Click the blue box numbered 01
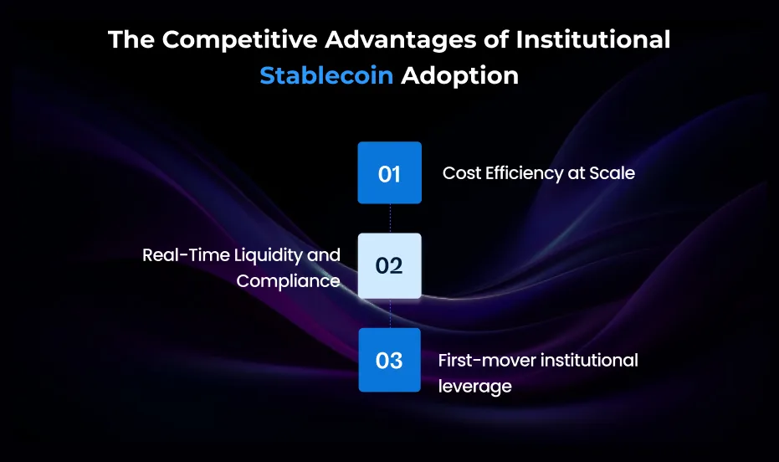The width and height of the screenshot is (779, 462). coord(389,173)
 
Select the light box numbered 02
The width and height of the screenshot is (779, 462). coord(389,266)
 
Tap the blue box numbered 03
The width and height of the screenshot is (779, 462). coord(389,360)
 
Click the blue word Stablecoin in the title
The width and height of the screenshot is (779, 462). coord(326,75)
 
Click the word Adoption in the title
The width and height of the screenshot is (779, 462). coord(459,75)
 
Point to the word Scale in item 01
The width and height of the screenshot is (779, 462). coord(612,173)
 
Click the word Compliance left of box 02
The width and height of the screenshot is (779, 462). coord(288,281)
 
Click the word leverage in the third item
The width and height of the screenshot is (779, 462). coord(474,386)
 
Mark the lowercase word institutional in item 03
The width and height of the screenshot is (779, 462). coord(590,360)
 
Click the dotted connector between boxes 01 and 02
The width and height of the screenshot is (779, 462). coord(390,218)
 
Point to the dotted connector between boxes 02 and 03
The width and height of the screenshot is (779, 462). coord(390,313)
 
